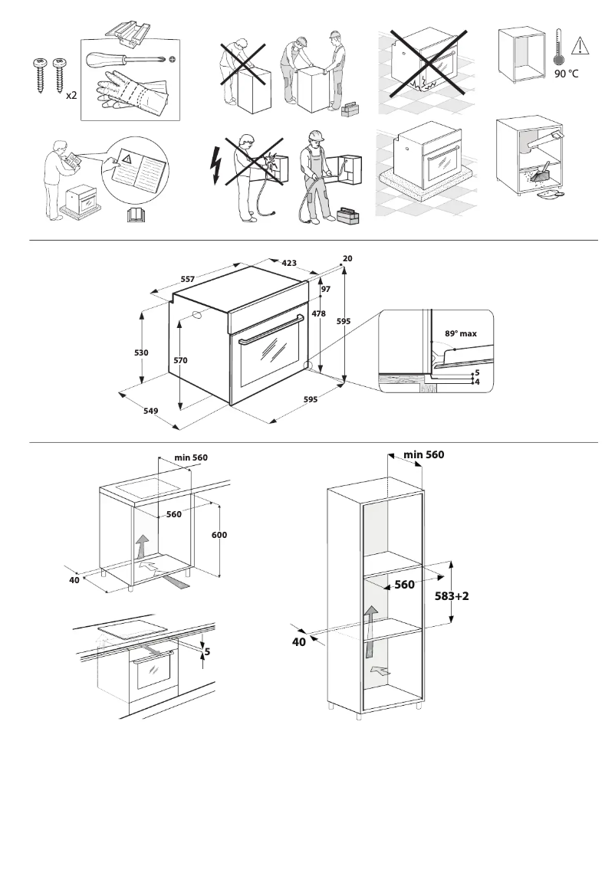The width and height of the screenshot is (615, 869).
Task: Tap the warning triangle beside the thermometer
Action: click(580, 44)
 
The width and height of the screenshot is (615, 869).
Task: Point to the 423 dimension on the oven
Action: click(289, 263)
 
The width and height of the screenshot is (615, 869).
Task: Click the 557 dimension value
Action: click(187, 280)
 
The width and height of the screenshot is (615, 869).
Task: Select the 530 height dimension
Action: click(142, 353)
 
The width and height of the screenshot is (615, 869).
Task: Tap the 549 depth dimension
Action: click(150, 412)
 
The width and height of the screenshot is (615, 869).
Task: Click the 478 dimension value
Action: click(318, 313)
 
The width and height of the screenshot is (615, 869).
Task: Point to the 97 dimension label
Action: click(325, 289)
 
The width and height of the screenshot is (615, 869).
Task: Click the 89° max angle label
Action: click(461, 333)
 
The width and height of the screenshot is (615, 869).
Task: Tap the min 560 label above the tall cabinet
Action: click(423, 454)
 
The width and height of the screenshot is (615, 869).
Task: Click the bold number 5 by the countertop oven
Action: click(207, 654)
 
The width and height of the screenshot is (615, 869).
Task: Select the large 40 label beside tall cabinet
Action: click(298, 642)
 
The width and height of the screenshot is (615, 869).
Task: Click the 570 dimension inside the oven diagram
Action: click(181, 359)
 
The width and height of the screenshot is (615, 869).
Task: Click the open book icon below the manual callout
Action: click(135, 215)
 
